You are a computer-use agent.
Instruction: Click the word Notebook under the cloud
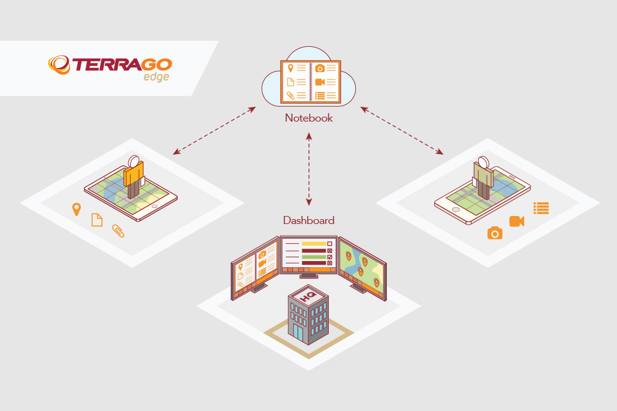[x=308, y=117]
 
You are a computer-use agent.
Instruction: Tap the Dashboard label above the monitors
[x=308, y=220]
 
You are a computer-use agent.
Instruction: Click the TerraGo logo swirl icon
[x=60, y=64]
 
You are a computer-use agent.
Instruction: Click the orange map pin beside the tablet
[x=77, y=209]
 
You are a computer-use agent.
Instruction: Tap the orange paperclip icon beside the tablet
[x=117, y=231]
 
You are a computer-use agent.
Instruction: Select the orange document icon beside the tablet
[x=97, y=220]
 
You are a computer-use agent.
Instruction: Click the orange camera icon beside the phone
[x=495, y=233]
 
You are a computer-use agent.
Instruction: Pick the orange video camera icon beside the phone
[x=516, y=221]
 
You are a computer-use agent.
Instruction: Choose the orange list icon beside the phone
[x=541, y=208]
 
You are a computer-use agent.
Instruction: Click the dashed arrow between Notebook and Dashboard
[x=309, y=168]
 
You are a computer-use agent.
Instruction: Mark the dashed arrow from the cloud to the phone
[x=402, y=131]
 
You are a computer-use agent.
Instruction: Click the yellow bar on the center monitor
[x=313, y=244]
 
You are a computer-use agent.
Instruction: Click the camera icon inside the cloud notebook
[x=320, y=68]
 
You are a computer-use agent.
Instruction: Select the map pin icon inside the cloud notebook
[x=290, y=68]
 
